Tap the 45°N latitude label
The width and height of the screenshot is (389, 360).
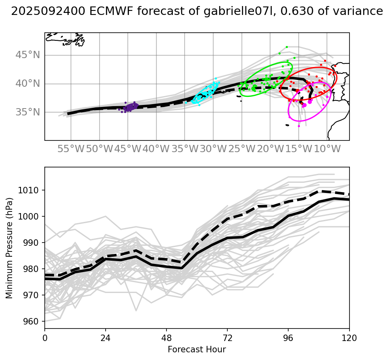[x=28, y=55]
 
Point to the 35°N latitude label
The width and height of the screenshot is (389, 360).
[x=28, y=112]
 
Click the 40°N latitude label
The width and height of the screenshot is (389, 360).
[x=28, y=84]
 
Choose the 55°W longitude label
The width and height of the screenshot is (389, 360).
[x=71, y=149]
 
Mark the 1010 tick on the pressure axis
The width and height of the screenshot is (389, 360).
[x=31, y=190]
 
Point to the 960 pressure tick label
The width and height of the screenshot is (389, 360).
[x=33, y=322]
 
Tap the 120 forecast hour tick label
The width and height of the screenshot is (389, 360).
[x=349, y=337]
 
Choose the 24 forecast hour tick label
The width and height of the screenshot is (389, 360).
[x=105, y=337]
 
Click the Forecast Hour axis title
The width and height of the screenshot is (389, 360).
[x=197, y=350]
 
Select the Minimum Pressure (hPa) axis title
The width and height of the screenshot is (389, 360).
[x=9, y=248]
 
